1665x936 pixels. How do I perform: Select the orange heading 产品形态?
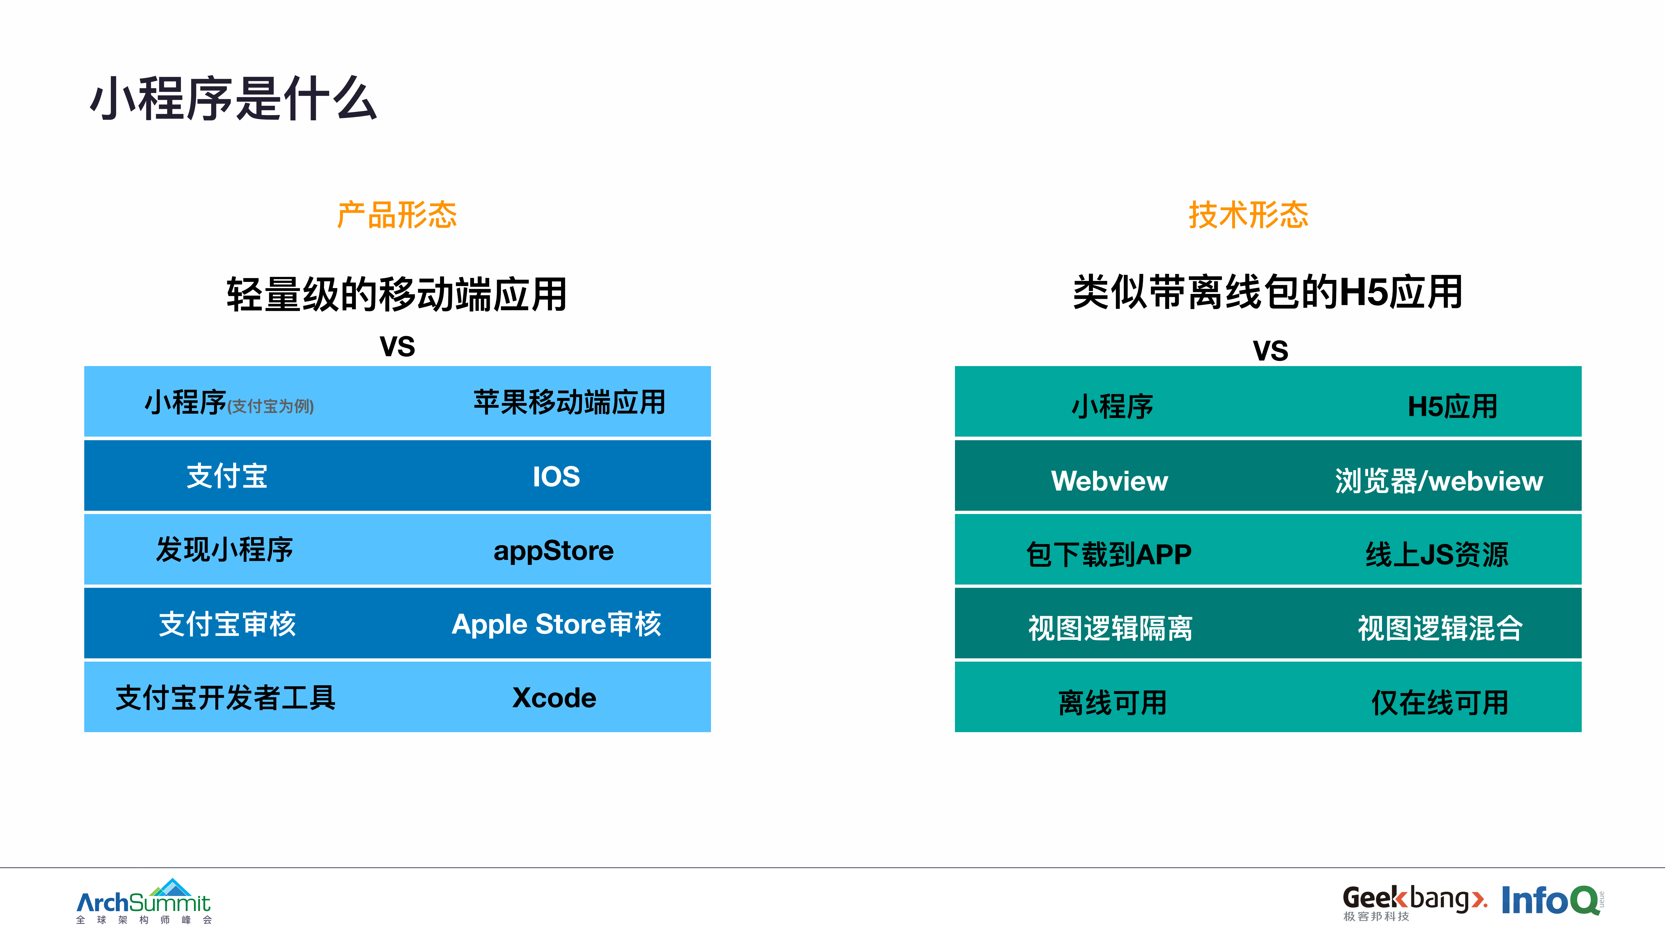397,215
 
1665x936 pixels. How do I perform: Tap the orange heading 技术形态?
1248,215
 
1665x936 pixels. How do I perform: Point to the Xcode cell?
554,698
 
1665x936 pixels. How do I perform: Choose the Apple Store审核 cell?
556,624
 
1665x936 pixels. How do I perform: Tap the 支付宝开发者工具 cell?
226,698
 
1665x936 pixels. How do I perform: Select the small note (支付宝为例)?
270,406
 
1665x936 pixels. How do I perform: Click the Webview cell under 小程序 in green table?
1109,481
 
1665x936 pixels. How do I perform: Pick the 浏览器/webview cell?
1439,481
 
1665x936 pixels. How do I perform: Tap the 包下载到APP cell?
1109,554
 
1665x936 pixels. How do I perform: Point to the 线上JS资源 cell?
1437,554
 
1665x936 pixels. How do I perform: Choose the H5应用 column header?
1452,406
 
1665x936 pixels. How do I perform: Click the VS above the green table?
1270,351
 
